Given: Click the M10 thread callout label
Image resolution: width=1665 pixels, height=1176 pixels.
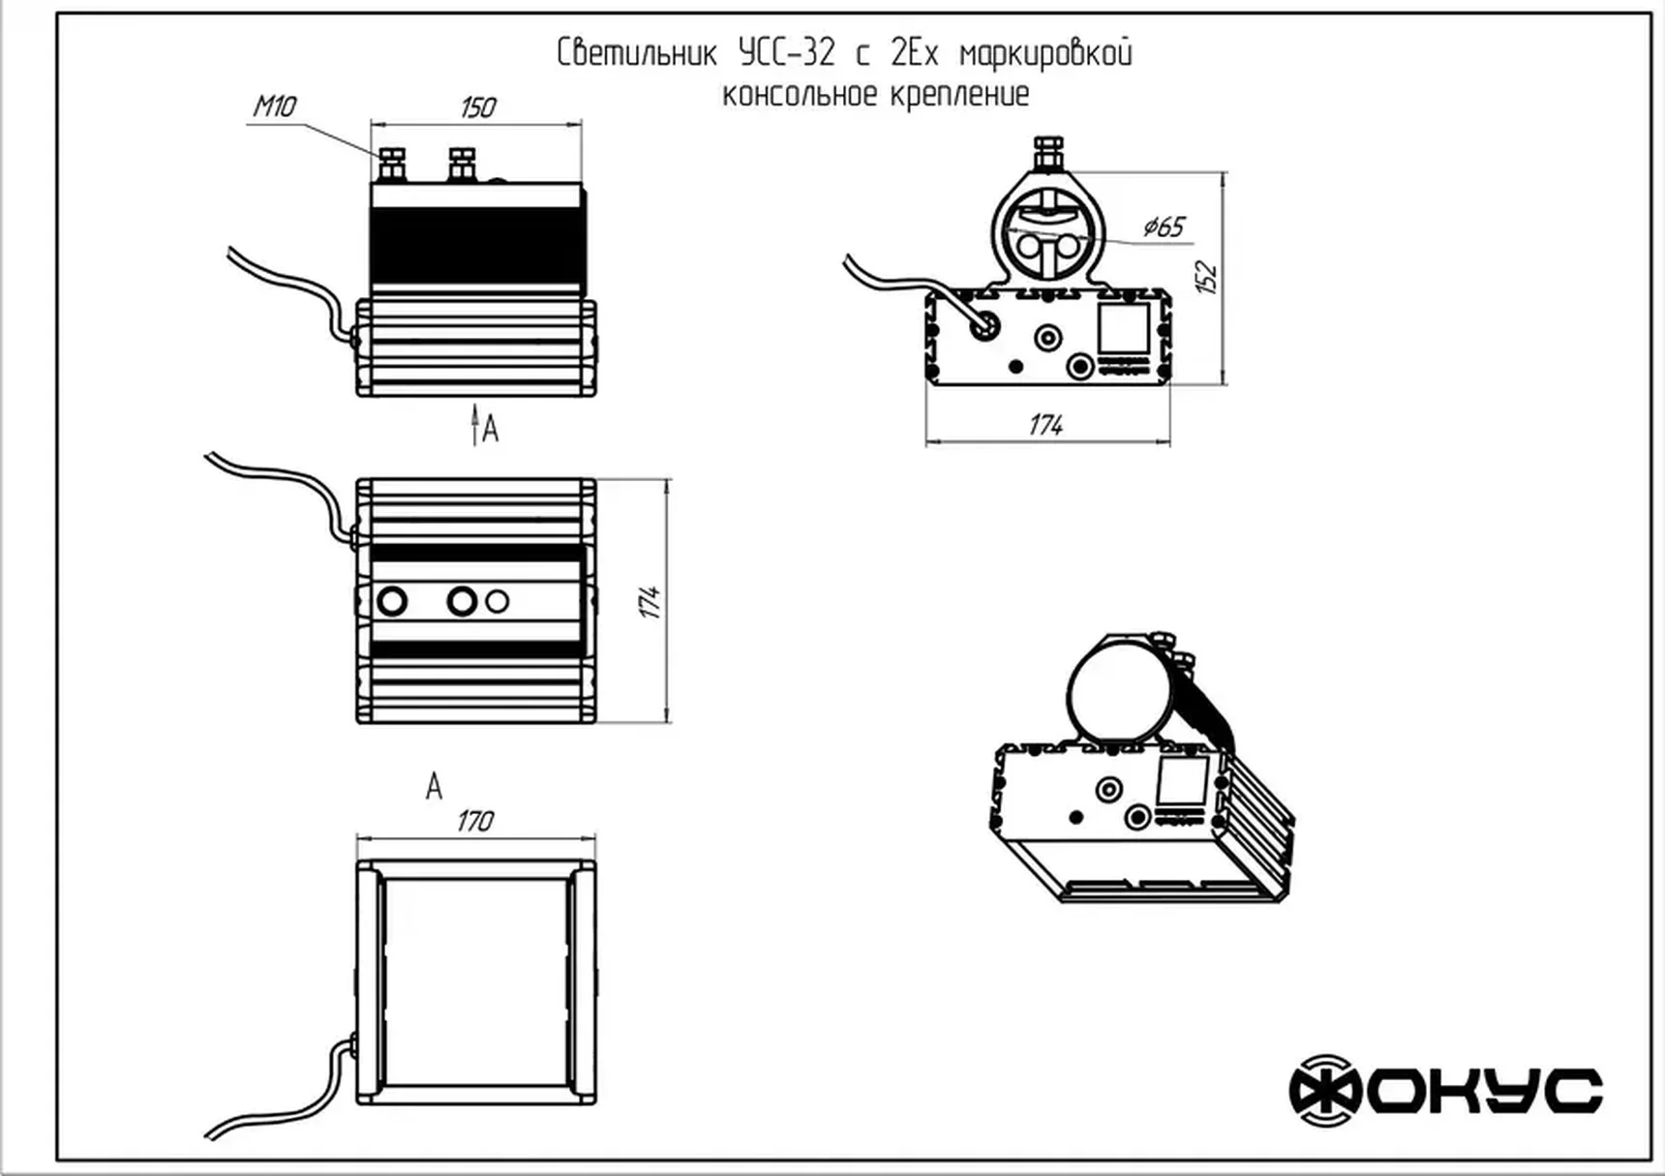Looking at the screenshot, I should tap(275, 106).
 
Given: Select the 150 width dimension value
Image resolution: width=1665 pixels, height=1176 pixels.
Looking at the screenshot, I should tap(477, 106).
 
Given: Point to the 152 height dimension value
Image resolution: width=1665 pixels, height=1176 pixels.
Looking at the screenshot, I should tap(1206, 277).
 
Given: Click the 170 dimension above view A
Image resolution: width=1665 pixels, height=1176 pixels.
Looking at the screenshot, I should tap(474, 821).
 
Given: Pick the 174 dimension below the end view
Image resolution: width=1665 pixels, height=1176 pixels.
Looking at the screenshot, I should tap(1046, 425).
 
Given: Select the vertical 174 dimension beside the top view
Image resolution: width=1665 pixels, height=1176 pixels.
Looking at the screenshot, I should tap(651, 601).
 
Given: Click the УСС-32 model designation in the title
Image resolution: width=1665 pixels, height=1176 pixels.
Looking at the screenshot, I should tap(786, 53).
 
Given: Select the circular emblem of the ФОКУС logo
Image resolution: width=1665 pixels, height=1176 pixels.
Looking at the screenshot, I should tap(1325, 1091).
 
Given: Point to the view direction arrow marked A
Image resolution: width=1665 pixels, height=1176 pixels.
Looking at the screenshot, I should tap(475, 426).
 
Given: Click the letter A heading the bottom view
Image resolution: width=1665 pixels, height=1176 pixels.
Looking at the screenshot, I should tap(434, 787).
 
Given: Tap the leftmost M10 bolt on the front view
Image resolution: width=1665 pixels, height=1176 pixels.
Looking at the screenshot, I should tap(392, 164).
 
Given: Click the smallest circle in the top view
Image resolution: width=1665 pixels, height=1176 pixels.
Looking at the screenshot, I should tap(497, 601).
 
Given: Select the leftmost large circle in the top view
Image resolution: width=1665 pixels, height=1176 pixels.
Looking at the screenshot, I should tap(392, 601).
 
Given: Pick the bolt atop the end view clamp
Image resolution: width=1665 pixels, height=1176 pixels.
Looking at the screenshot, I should tap(1047, 153).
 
